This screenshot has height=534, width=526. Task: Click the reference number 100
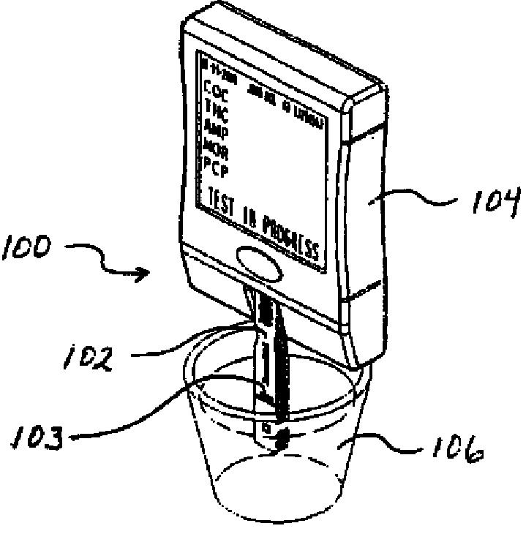pos(26,249)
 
